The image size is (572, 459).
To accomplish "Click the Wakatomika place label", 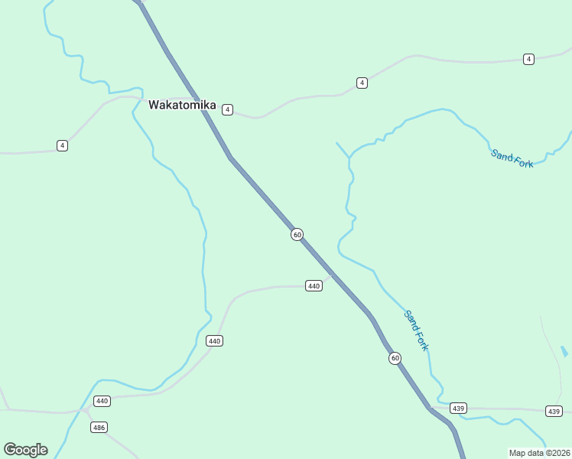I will tap(182, 105).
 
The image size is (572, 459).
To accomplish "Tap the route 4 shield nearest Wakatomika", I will tap(227, 110).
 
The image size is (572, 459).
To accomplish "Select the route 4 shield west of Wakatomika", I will tap(62, 145).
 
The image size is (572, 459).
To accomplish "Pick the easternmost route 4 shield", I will tap(528, 59).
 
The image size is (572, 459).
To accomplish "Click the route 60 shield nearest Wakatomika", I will tap(297, 234).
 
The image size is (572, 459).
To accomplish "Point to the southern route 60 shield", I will tap(395, 358).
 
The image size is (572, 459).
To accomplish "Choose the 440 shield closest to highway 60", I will tap(314, 285).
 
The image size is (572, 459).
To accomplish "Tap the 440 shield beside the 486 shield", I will tap(102, 401).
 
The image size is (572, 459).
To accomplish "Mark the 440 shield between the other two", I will tap(214, 340).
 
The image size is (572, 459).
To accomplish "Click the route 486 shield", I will tap(99, 428).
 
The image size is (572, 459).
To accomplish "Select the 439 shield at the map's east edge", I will tap(554, 412).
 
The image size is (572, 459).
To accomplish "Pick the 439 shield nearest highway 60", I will tap(458, 408).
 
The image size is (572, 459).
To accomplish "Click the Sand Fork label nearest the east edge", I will tap(512, 158).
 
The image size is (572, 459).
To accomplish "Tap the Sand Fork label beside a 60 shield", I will tap(417, 330).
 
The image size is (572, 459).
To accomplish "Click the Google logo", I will tap(25, 450).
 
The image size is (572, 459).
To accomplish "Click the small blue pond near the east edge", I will tap(564, 351).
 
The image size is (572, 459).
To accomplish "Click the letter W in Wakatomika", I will tap(154, 105).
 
